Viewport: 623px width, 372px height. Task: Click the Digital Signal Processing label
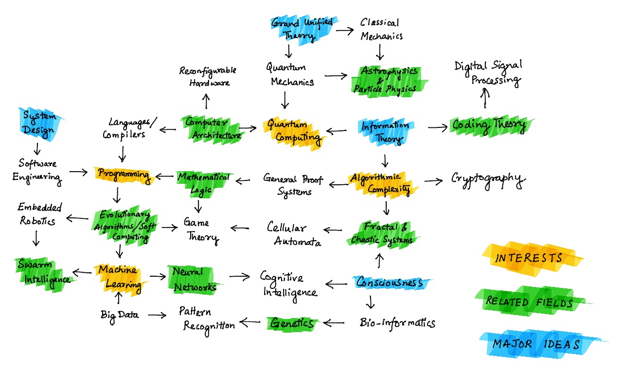tap(488, 73)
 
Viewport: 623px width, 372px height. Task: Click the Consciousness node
tap(391, 283)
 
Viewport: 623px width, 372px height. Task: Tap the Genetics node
tap(292, 322)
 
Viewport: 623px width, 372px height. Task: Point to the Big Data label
tap(120, 315)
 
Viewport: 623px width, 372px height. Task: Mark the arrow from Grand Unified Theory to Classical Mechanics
tap(344, 30)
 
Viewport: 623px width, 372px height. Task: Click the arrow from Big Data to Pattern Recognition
tap(157, 315)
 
